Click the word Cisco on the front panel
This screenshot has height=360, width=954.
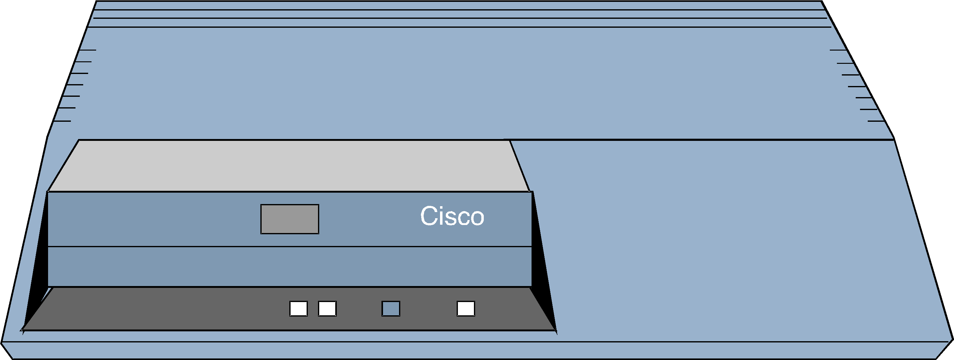coord(452,216)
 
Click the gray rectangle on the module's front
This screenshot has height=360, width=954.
coord(290,219)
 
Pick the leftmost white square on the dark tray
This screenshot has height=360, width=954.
coord(299,309)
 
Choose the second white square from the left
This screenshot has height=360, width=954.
coord(327,309)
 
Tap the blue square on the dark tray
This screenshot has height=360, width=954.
coord(391,309)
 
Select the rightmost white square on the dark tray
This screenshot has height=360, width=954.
coord(466,309)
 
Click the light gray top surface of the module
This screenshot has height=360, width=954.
coord(289,166)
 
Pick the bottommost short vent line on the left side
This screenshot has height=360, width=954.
coord(62,121)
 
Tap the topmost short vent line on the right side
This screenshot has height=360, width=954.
coord(838,50)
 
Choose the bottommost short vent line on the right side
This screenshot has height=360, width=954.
coord(876,121)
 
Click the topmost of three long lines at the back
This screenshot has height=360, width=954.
coord(459,10)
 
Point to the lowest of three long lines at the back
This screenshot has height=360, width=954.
coord(459,27)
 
